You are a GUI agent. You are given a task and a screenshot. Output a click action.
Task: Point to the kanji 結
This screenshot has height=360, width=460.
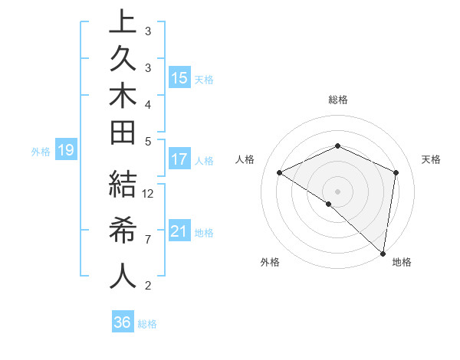[123, 186]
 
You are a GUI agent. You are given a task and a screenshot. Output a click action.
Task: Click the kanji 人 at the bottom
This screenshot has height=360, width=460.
[123, 277]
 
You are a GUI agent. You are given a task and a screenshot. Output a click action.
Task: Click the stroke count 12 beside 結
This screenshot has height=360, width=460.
[149, 193]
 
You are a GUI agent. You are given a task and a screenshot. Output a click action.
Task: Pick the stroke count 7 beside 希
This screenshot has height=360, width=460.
[148, 240]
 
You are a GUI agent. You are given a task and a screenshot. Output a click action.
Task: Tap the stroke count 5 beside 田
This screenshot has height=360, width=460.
[148, 141]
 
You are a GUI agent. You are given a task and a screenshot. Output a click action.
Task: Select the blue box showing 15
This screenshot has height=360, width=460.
[179, 77]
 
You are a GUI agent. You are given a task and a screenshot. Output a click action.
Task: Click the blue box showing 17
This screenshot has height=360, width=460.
[179, 159]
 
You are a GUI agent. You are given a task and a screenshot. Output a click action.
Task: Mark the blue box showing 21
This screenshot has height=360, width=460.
[179, 231]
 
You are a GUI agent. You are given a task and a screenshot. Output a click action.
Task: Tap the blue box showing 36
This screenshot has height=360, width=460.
[122, 322]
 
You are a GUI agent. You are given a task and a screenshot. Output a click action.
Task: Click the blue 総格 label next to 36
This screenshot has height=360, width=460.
[148, 324]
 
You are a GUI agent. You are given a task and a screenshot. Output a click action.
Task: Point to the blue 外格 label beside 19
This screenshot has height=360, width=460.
[41, 152]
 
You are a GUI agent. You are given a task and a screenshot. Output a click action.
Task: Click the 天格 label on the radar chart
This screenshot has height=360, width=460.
[431, 159]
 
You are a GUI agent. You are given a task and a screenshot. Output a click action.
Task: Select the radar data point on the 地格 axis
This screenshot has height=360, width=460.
[383, 252]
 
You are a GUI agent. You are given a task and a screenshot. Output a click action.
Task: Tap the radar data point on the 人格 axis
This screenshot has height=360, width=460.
[280, 172]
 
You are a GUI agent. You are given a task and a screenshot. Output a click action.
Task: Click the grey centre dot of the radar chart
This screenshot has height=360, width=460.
[337, 191]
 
